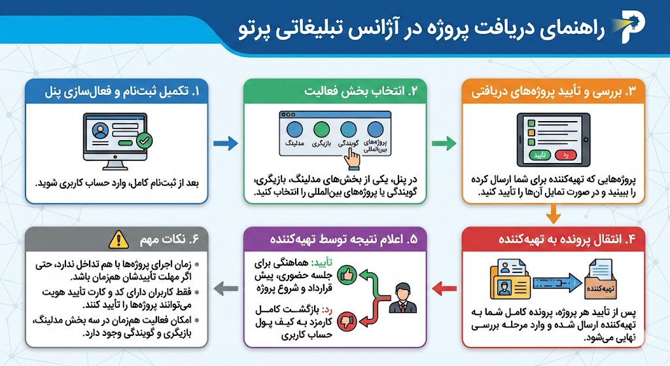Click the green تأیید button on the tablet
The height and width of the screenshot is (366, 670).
(x=539, y=155)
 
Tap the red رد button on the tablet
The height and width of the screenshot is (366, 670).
(x=566, y=155)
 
